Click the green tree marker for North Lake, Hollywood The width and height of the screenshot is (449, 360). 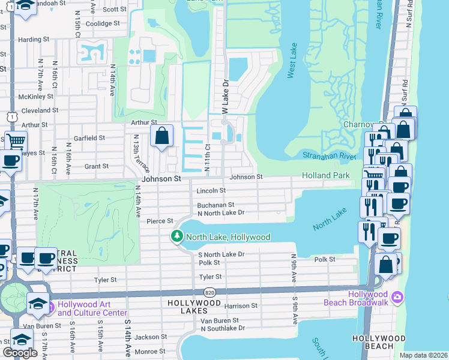[x=176, y=237]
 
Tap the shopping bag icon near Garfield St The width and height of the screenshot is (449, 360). [x=162, y=136]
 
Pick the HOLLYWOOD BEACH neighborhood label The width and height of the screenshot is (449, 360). [x=379, y=343]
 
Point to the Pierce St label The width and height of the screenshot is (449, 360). [x=160, y=221]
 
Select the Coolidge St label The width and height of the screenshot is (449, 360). [x=103, y=23]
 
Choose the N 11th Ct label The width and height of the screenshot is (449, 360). [x=208, y=159]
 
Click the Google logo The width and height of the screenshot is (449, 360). [x=20, y=353]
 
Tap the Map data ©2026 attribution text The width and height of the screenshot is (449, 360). [x=423, y=355]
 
